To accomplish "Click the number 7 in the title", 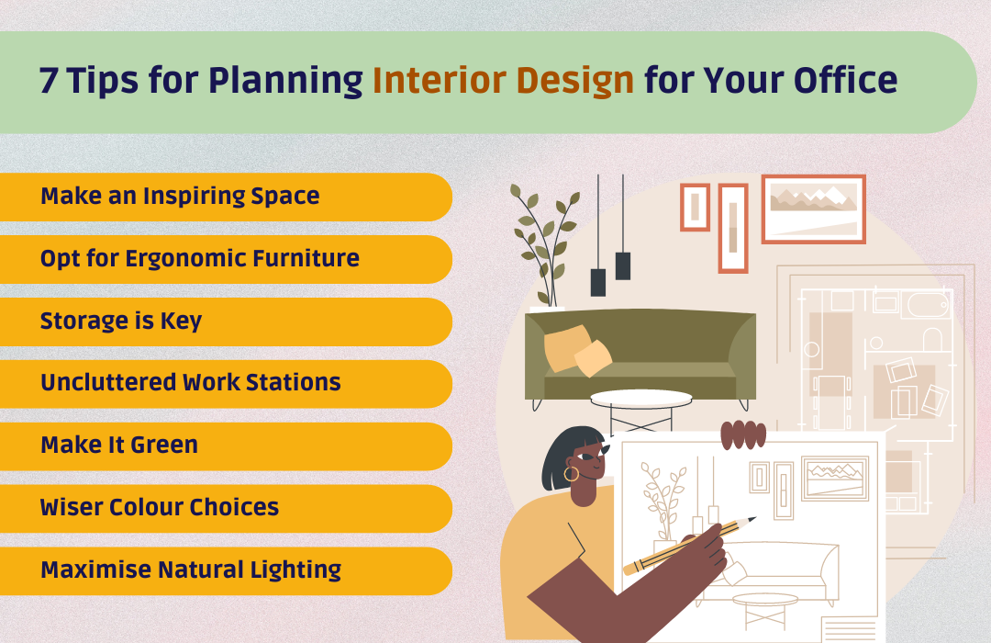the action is [49, 81].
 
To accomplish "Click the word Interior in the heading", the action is [440, 81].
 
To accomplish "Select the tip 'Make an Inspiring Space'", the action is [180, 197].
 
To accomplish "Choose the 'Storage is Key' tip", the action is [121, 321].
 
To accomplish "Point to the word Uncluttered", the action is [108, 382].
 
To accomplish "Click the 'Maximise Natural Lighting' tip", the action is [191, 570].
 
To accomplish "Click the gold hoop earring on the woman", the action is [571, 474].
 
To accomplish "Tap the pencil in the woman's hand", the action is [689, 546].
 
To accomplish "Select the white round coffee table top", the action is [640, 398].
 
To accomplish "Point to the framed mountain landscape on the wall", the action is [813, 209].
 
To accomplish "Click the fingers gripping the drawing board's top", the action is [743, 434].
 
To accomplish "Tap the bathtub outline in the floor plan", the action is [929, 304].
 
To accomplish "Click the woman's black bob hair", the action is [565, 453].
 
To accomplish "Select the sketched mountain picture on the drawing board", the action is [835, 478].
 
